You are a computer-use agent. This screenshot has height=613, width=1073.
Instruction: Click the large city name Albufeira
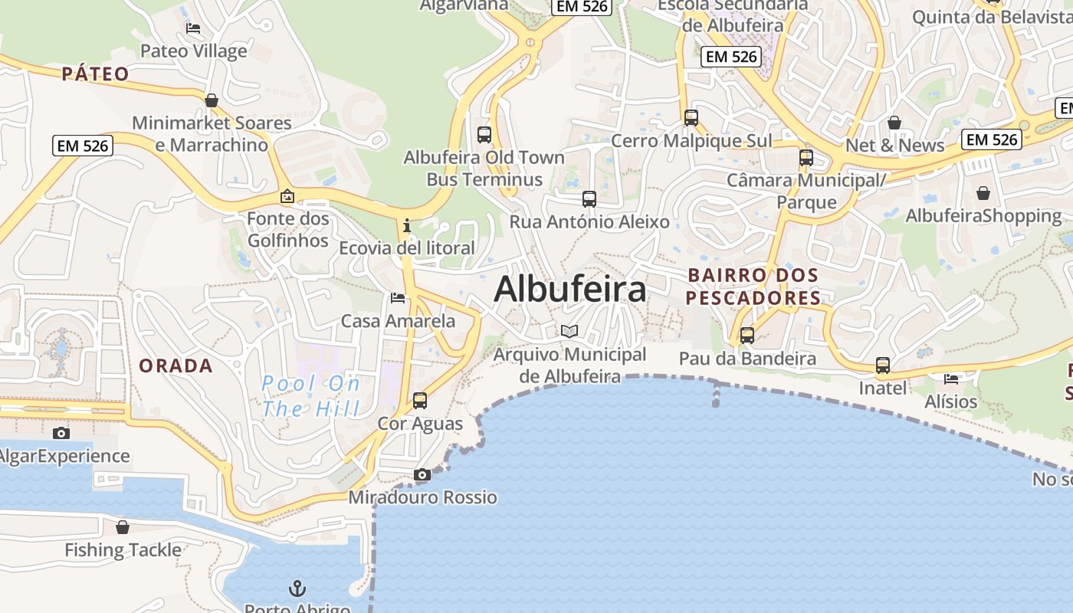(x=570, y=290)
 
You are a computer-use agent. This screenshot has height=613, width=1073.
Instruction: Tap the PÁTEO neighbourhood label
(x=96, y=74)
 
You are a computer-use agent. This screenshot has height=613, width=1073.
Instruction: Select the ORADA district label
(x=176, y=366)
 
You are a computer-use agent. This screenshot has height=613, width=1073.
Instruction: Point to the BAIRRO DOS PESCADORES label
(x=753, y=286)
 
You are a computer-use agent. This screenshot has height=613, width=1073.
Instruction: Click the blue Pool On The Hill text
(x=310, y=395)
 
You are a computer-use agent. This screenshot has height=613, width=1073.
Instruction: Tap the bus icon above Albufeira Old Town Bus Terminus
(x=484, y=135)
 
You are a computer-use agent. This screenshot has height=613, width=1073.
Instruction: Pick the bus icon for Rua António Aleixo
(x=589, y=199)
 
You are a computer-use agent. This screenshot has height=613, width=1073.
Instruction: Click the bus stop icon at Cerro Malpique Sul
(x=691, y=118)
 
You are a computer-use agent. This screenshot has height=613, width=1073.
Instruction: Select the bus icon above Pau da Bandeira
(x=747, y=336)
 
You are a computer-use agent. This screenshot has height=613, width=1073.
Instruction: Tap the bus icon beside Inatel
(x=882, y=366)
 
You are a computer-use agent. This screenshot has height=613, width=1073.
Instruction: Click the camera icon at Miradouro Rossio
(x=422, y=475)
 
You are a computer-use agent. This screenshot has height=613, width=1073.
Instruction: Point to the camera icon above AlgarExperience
(x=61, y=434)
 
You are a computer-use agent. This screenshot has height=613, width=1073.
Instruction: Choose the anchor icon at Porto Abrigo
(x=297, y=588)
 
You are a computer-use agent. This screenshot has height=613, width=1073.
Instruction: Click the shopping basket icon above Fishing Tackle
(x=123, y=527)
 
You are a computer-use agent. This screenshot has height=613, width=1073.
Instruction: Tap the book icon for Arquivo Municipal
(x=569, y=331)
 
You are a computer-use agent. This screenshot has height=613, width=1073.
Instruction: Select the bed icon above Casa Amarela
(x=397, y=298)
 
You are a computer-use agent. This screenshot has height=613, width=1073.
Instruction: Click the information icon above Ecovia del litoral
(x=406, y=225)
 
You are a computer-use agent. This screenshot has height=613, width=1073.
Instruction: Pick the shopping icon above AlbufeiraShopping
(x=983, y=193)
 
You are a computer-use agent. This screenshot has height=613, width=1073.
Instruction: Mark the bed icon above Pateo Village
(x=193, y=28)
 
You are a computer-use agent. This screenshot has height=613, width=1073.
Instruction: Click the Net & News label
(x=894, y=146)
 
